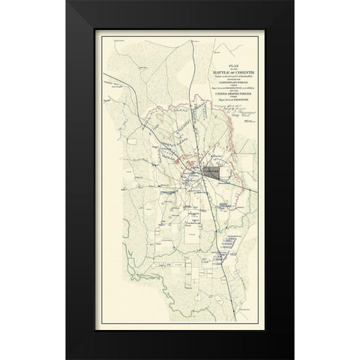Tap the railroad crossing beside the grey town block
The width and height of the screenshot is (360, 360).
coord(196,173)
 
